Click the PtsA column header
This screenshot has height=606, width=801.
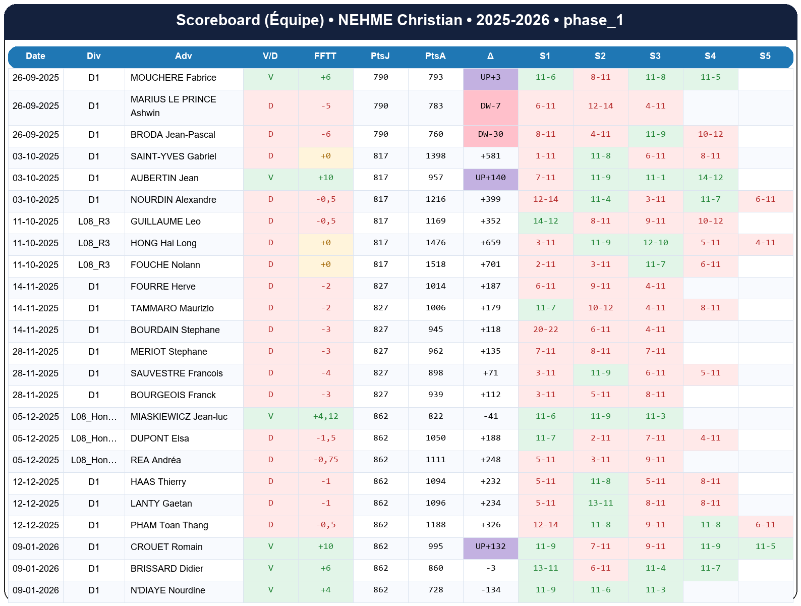coord(435,56)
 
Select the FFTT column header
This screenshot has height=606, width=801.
coord(325,56)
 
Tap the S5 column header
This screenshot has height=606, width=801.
coord(765,56)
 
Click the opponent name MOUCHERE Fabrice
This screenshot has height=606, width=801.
coord(173,78)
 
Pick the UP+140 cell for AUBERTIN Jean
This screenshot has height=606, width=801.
coord(490,178)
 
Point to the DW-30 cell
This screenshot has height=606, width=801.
coord(490,134)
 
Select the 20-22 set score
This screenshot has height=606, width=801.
coord(545,329)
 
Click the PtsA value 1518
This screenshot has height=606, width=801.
coord(435,264)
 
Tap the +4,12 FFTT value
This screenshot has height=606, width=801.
coord(325,416)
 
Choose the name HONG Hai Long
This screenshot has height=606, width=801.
coord(163,243)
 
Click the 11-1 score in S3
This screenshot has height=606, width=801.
coord(655,178)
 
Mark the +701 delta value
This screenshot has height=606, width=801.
coord(490,264)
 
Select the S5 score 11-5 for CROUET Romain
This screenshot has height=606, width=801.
coord(765,546)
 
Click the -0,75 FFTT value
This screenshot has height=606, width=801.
coord(325,460)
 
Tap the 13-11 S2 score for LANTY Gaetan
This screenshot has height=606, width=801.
coord(600,503)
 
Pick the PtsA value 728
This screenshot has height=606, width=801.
coord(435,590)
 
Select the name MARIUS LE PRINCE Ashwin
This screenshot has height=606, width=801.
coord(173,106)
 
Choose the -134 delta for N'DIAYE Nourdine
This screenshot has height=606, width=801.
coord(490,590)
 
